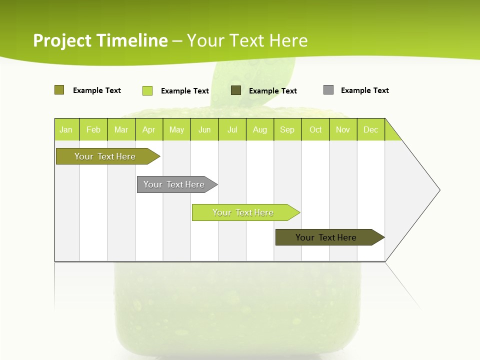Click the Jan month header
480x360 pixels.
66,129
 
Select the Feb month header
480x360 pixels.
93,129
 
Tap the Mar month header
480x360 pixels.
121,129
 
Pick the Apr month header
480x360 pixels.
148,129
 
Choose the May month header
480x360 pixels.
176,129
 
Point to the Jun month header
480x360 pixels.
204,129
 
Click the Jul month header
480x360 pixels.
232,129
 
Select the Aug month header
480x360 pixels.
260,129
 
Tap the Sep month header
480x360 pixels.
287,129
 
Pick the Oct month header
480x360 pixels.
315,129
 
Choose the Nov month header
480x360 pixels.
343,129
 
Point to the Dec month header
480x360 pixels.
370,129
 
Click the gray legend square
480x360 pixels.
328,90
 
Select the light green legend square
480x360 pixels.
147,90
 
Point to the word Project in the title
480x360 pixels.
63,40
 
